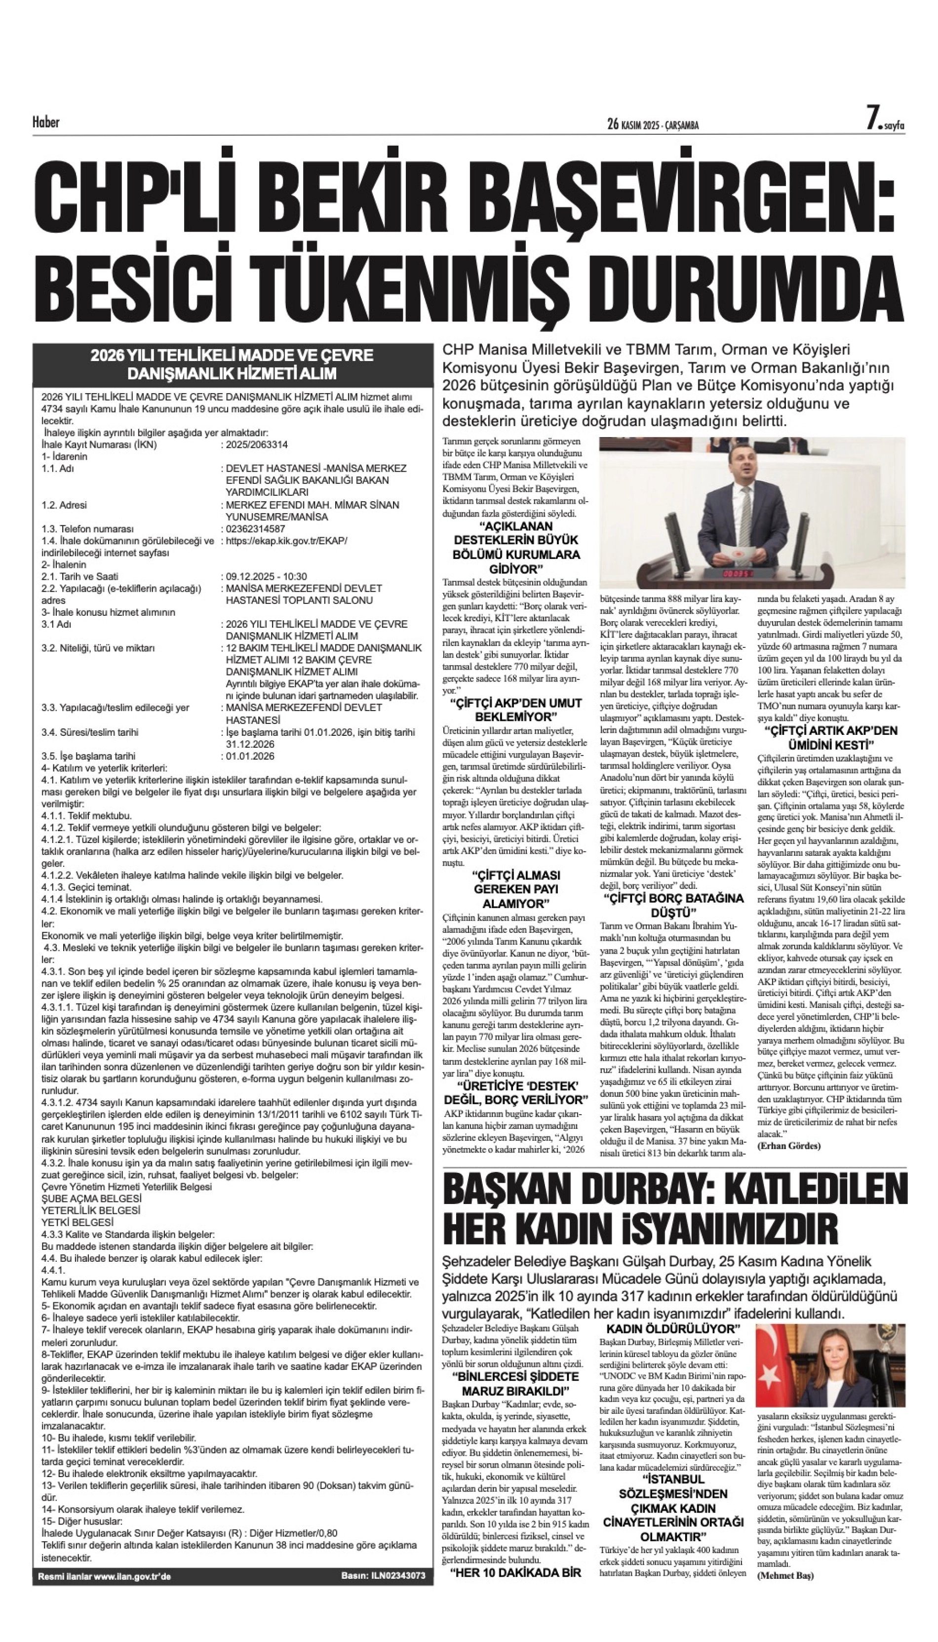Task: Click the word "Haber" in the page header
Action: [x=46, y=122]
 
